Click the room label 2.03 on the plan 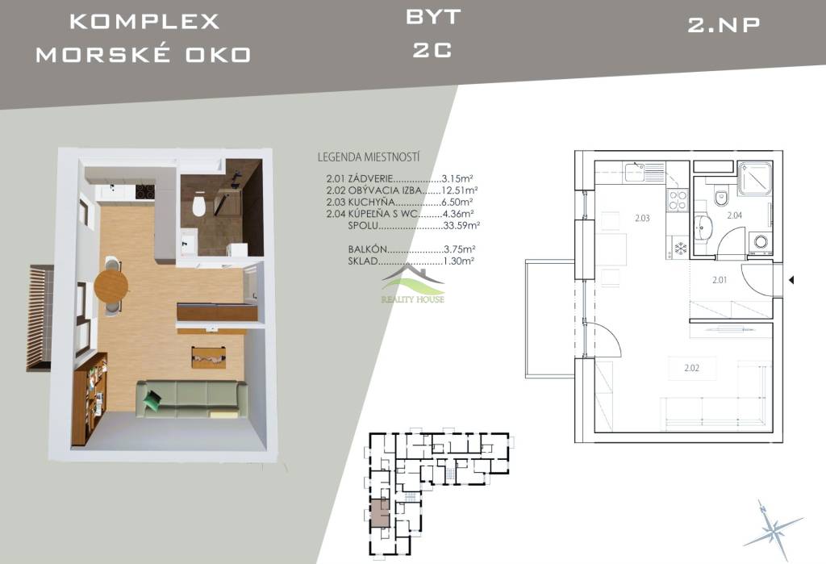[x=642, y=218]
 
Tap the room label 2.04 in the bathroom [x=734, y=215]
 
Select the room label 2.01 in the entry [x=720, y=280]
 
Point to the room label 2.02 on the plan [x=691, y=368]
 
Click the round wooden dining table [x=111, y=286]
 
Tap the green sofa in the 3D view [x=192, y=399]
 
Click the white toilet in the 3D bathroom [x=198, y=205]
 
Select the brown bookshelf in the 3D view [x=90, y=399]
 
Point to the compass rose [x=774, y=528]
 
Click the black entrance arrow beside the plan [x=791, y=281]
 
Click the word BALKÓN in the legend [x=368, y=249]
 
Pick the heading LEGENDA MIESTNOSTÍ [x=369, y=157]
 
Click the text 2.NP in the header [x=724, y=25]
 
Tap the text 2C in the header [x=432, y=51]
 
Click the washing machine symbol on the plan [x=760, y=242]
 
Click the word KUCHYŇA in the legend [x=371, y=202]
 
